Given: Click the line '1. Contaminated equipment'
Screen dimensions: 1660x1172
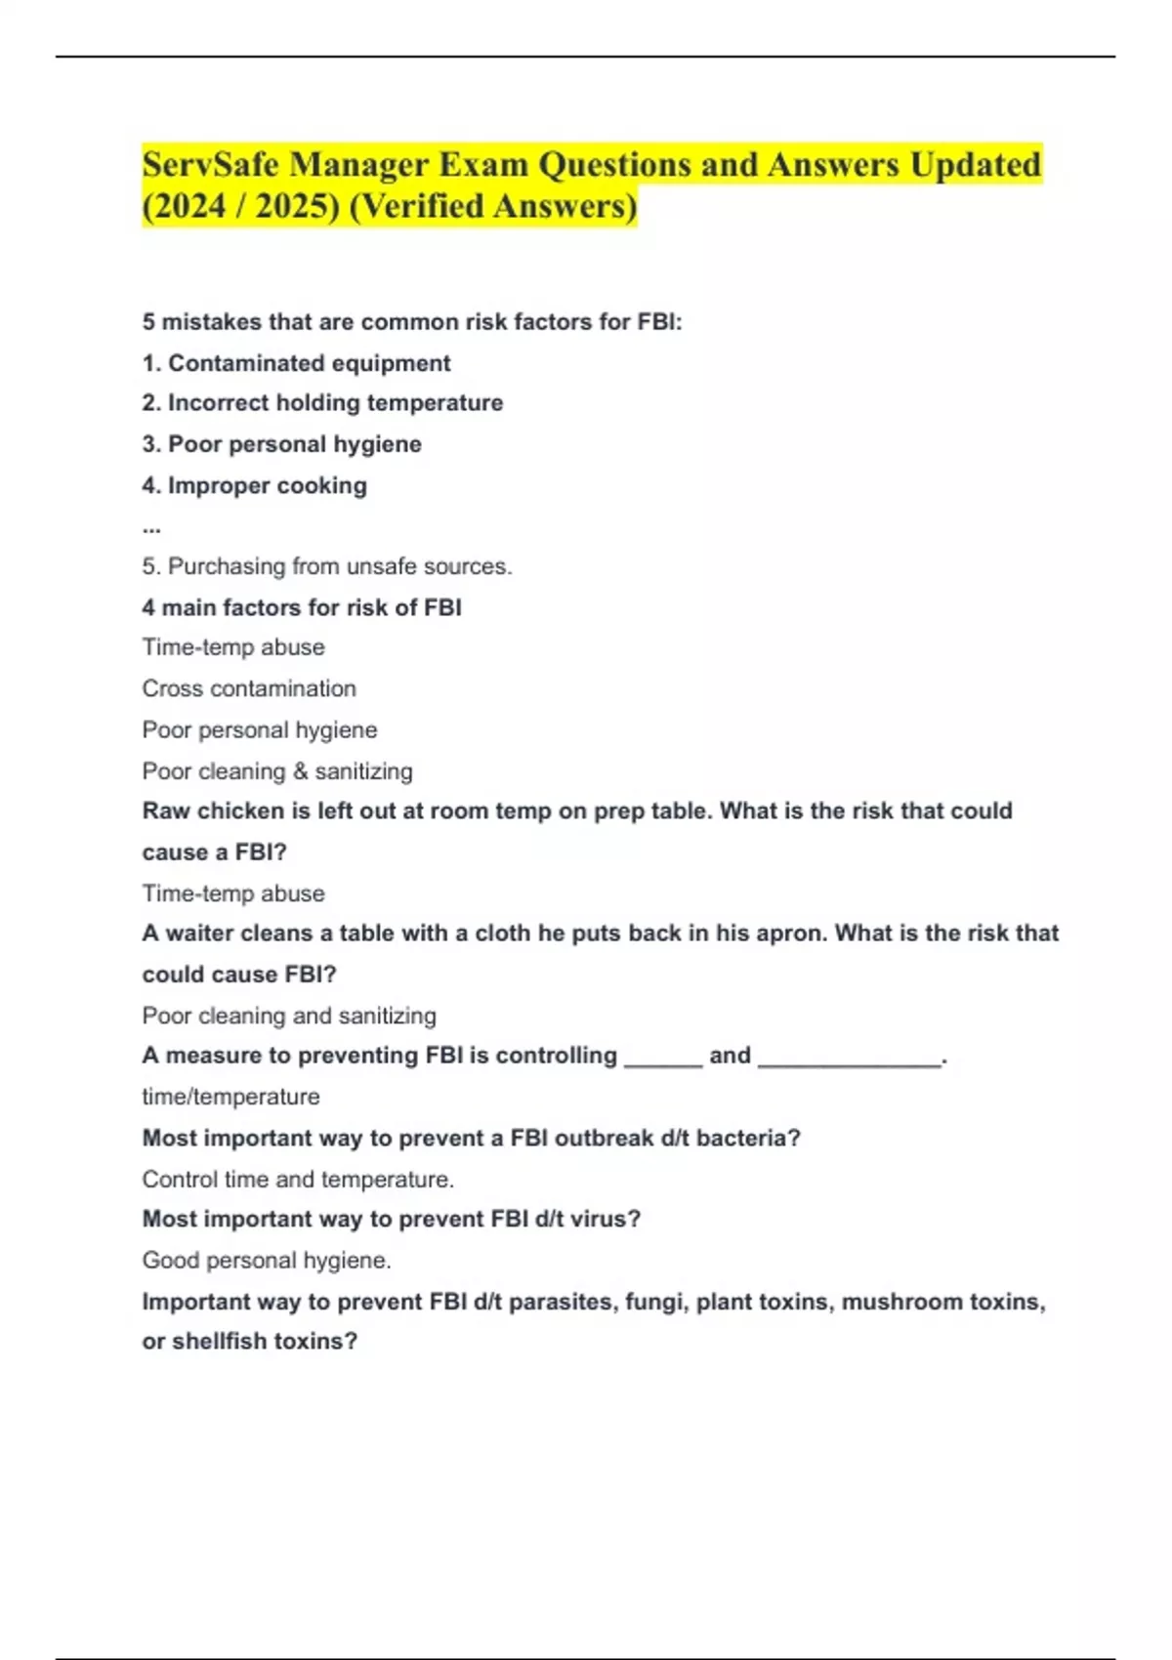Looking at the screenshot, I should coord(296,363).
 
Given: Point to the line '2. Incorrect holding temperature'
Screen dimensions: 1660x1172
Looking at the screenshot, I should coord(322,403).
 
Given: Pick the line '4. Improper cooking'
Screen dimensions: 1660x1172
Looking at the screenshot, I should coord(254,485).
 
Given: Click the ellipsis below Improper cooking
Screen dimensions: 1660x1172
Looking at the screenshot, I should coord(151,527).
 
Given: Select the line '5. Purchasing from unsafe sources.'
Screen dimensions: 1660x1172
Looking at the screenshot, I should coord(326,566).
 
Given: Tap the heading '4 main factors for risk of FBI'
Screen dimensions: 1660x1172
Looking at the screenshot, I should coord(301,607).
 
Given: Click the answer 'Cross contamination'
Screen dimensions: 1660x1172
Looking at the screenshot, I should coord(248,688).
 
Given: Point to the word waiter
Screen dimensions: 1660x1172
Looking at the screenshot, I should coord(201,934).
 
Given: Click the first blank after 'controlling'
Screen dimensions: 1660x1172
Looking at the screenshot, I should coord(662,1058).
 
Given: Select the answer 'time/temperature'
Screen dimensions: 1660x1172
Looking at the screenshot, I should coord(230,1097).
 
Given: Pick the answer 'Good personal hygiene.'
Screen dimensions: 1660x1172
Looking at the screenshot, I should coord(266,1261).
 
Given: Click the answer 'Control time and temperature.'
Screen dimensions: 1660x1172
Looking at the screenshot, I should coord(298,1180).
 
